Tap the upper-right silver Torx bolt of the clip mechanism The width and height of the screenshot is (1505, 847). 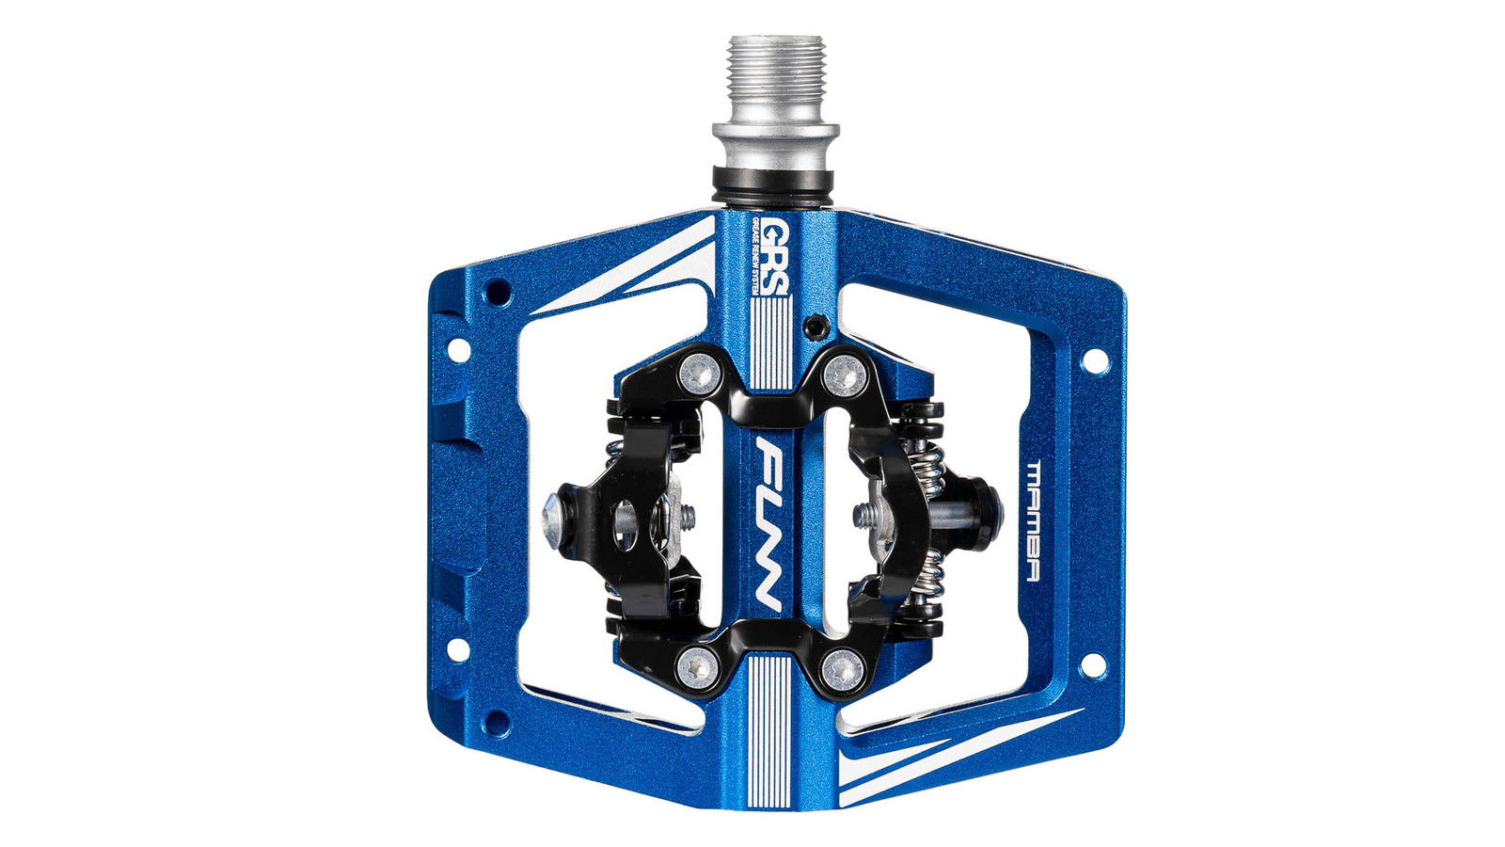tap(844, 375)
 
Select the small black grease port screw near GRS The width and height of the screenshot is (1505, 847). tap(815, 326)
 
